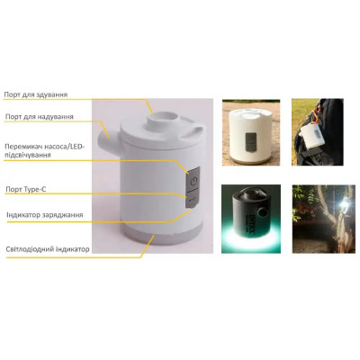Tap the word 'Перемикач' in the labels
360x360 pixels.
tap(24, 146)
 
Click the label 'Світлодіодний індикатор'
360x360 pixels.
tap(48, 247)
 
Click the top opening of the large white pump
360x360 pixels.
tap(166, 115)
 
